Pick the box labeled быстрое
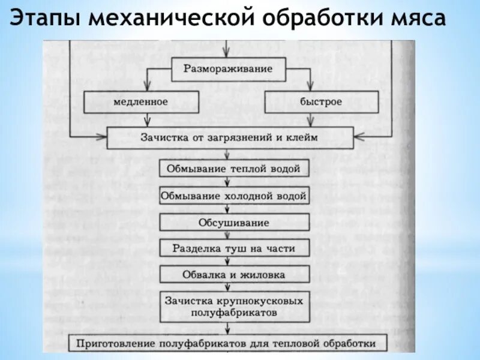point(321,102)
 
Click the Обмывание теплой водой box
point(233,169)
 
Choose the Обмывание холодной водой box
point(233,196)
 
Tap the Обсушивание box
point(233,223)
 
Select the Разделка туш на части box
point(233,248)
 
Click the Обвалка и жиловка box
point(233,274)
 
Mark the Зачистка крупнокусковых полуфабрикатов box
point(233,306)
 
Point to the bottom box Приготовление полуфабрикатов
point(229,344)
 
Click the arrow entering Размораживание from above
point(226,49)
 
